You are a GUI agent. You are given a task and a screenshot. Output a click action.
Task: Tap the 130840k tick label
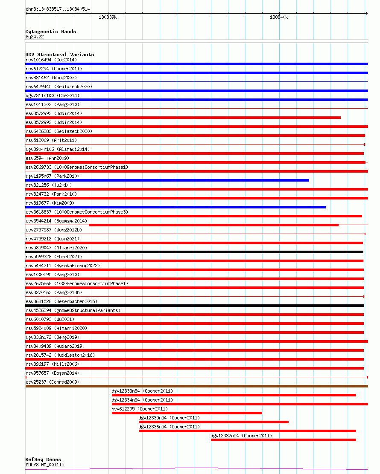pyautogui.click(x=279, y=17)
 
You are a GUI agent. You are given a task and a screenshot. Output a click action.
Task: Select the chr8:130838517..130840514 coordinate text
pyautogui.click(x=58, y=9)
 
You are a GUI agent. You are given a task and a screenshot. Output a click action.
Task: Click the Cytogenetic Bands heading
pyautogui.click(x=51, y=32)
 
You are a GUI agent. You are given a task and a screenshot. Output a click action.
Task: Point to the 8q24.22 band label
pyautogui.click(x=35, y=37)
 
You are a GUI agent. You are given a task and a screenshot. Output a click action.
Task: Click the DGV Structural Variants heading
pyautogui.click(x=60, y=55)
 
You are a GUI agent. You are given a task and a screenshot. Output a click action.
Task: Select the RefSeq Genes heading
pyautogui.click(x=43, y=460)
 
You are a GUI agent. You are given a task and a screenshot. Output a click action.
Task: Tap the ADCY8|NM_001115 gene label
pyautogui.click(x=45, y=465)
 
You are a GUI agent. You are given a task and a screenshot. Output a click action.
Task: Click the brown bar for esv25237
pyautogui.click(x=196, y=386)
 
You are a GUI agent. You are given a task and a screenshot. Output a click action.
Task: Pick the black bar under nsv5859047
pyautogui.click(x=194, y=252)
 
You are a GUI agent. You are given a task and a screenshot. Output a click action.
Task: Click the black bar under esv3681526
pyautogui.click(x=195, y=306)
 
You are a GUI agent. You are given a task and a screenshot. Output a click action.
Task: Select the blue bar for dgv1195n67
pyautogui.click(x=167, y=180)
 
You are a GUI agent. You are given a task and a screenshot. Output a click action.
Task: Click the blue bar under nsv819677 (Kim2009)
pyautogui.click(x=175, y=207)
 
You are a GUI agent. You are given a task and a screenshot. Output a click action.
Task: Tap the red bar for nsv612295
pyautogui.click(x=187, y=413)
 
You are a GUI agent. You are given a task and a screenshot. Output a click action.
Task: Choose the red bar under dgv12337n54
pyautogui.click(x=284, y=440)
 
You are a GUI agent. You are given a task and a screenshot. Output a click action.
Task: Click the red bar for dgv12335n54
pyautogui.click(x=213, y=422)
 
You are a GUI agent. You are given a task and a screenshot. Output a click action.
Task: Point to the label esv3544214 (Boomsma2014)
pyautogui.click(x=56, y=221)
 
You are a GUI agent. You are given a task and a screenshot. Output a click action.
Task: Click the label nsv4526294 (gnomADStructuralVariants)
pyautogui.click(x=73, y=310)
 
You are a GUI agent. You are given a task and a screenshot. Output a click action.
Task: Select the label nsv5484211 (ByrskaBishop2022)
pyautogui.click(x=62, y=266)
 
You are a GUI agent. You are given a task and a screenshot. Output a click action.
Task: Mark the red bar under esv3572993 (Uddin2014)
pyautogui.click(x=183, y=118)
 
